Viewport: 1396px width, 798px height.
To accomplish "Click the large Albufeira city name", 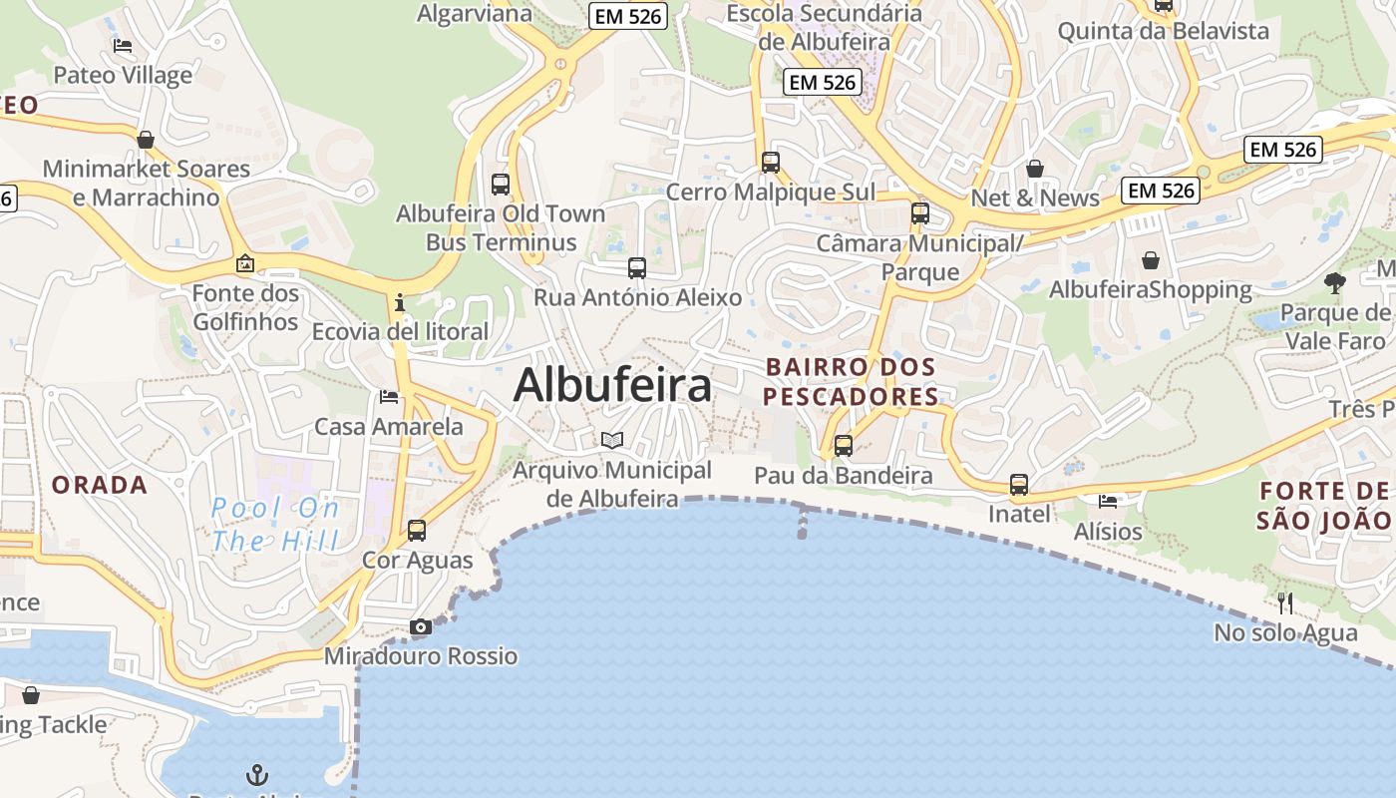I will (612, 385).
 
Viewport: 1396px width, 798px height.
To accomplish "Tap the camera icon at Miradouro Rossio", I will (421, 627).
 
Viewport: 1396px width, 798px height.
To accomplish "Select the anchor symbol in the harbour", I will (257, 774).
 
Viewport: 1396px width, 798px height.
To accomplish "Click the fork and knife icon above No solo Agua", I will (1285, 602).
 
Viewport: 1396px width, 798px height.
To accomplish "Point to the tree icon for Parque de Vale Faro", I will (1334, 283).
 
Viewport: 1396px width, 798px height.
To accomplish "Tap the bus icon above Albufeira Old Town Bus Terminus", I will (501, 185).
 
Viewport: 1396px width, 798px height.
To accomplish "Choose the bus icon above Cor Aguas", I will (417, 531).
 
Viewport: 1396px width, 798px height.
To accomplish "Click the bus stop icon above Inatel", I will (1019, 485).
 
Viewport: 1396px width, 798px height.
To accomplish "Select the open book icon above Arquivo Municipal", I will (612, 440).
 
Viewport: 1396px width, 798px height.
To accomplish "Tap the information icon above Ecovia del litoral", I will (400, 302).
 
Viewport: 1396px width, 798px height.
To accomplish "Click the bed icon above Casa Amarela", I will (389, 397).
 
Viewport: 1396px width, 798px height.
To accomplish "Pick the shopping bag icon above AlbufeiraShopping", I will (1151, 260).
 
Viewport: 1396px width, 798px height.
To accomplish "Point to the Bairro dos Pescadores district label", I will (852, 382).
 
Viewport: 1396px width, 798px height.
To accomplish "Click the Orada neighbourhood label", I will (100, 486).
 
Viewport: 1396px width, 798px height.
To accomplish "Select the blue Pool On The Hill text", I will (275, 525).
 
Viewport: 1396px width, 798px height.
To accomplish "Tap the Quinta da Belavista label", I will (1163, 31).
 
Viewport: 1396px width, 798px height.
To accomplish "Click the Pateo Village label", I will (123, 75).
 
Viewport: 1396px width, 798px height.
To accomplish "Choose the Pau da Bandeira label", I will (844, 475).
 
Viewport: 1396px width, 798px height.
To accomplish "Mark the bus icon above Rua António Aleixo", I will (637, 268).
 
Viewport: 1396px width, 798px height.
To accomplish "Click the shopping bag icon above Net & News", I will (1035, 169).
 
